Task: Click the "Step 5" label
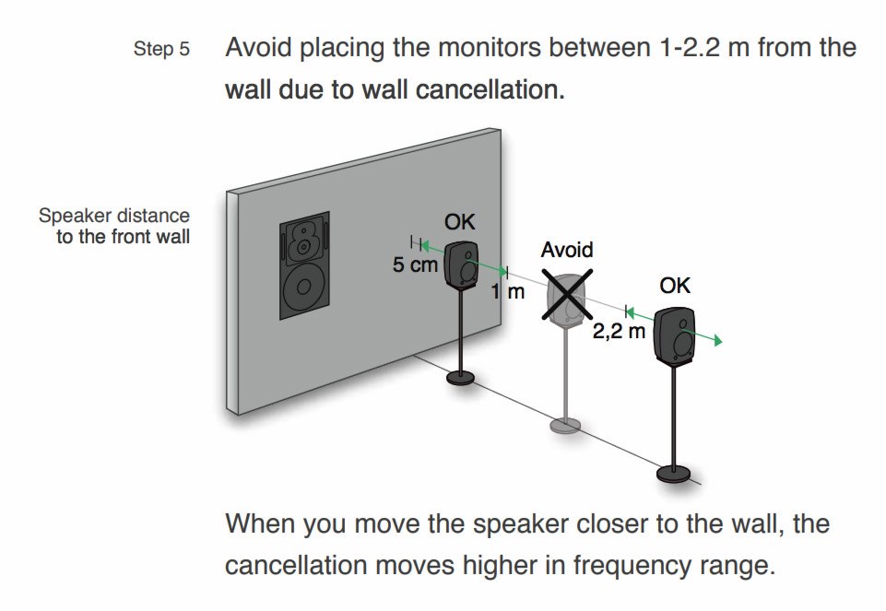161,49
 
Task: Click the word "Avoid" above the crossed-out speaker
567,250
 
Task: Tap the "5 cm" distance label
415,265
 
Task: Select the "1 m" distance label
506,293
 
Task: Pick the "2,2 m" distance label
619,331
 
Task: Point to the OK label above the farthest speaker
675,287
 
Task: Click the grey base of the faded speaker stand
565,425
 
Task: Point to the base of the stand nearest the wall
461,376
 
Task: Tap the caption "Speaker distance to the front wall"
114,226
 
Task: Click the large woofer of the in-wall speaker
301,288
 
